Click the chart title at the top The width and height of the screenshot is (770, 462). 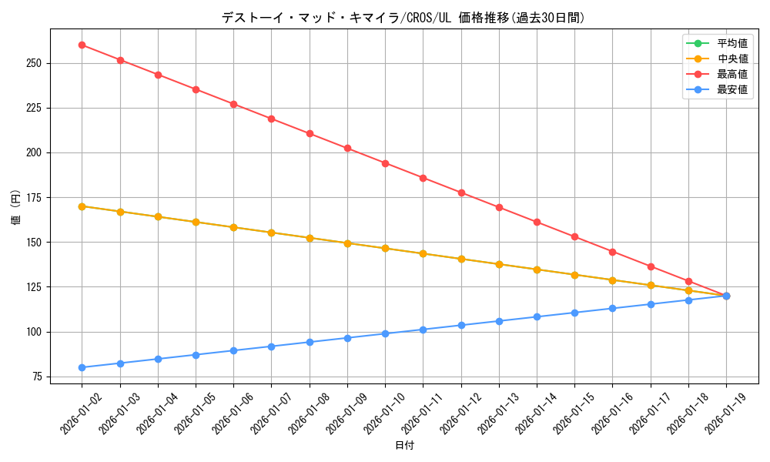click(x=403, y=18)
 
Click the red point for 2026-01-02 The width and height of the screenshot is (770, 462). click(x=82, y=45)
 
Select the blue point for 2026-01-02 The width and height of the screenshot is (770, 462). click(x=82, y=367)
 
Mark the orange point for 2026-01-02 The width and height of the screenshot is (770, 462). click(x=82, y=206)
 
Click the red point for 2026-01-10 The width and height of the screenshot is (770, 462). click(x=385, y=163)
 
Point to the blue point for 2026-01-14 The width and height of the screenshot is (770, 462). click(x=537, y=316)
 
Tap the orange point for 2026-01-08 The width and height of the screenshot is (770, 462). click(x=310, y=238)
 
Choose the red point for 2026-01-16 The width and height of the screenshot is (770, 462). click(x=612, y=252)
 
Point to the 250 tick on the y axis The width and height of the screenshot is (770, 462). click(x=35, y=63)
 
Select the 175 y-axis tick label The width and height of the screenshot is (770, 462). click(x=35, y=198)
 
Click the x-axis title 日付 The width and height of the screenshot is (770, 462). click(x=404, y=446)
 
